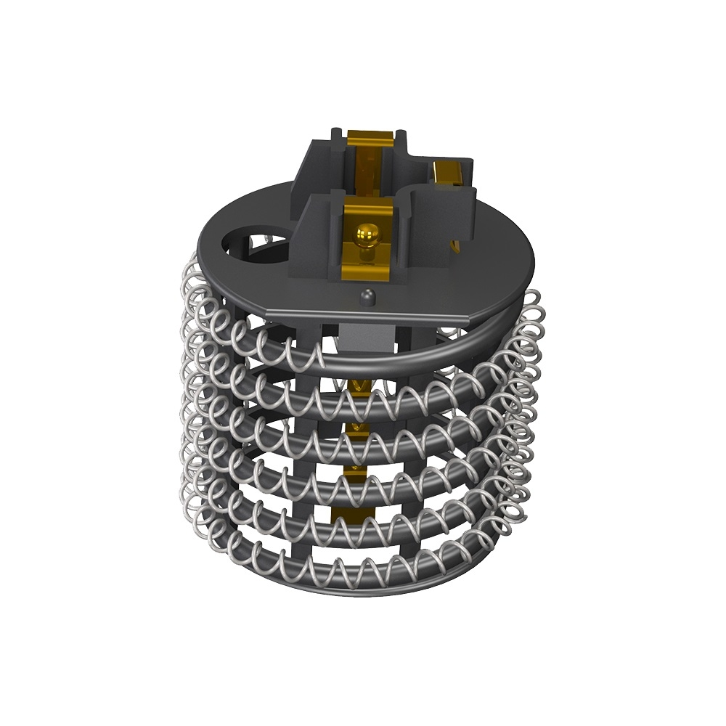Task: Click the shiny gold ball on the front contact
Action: point(367,234)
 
